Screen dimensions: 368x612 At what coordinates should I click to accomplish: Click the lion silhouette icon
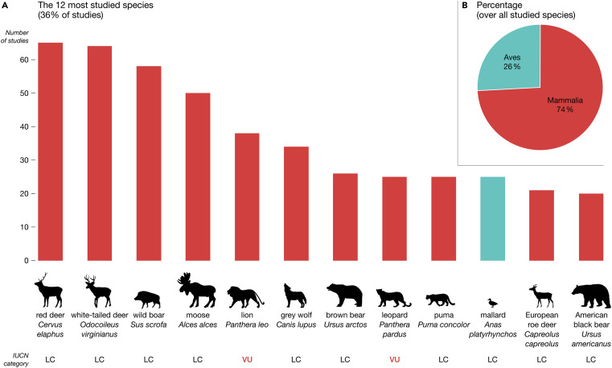pyautogui.click(x=247, y=293)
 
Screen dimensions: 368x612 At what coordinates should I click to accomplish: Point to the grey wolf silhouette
pyautogui.click(x=296, y=292)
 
